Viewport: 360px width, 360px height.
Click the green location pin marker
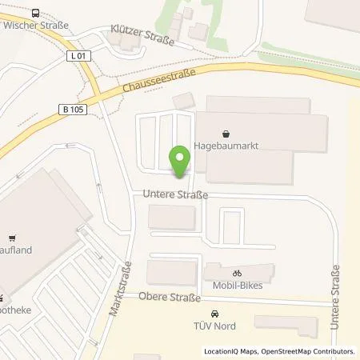point(180,159)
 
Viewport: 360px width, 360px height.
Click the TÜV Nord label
point(214,325)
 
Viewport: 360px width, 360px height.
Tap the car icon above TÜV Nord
point(214,314)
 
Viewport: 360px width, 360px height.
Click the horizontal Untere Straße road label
point(175,194)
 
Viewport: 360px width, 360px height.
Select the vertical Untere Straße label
point(335,293)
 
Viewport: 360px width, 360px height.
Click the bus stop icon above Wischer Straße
point(36,13)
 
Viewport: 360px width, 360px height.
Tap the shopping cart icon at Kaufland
point(11,238)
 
